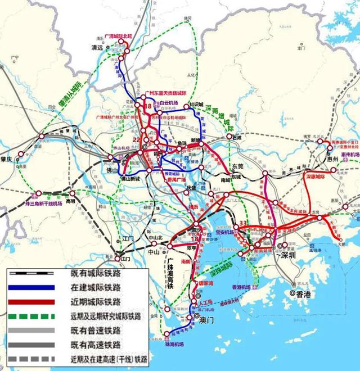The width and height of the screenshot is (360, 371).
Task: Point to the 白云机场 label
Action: pos(168,103)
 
